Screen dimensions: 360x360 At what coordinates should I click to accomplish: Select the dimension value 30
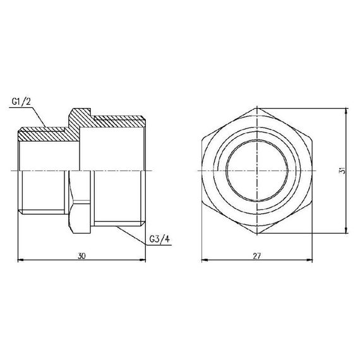pos(82,255)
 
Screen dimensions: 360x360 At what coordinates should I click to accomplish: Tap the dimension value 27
pos(257,255)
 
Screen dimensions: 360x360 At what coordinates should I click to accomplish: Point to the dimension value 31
pos(341,171)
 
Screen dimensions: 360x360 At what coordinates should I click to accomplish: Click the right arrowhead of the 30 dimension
pos(145,259)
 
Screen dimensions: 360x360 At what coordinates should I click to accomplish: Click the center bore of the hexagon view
pos(258,171)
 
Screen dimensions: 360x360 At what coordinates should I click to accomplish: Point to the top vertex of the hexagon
pos(258,109)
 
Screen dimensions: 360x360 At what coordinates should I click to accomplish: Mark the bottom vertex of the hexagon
pos(258,233)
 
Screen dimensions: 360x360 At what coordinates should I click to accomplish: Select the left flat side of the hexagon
pos(202,171)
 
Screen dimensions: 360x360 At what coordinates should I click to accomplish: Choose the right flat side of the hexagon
pos(313,171)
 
